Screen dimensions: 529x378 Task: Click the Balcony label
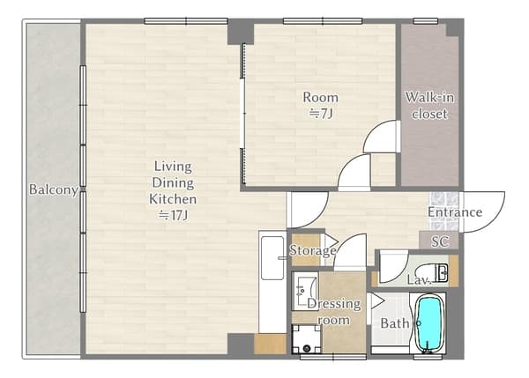coord(53,189)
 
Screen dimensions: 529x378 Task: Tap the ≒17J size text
coord(174,215)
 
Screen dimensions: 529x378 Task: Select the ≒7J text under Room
coord(321,114)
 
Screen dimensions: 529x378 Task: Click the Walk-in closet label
coord(429,106)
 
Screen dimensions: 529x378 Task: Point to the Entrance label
coord(455,212)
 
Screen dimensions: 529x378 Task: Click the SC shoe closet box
coord(439,241)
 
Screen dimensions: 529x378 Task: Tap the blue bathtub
coord(428,323)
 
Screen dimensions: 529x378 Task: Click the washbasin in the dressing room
coord(305,292)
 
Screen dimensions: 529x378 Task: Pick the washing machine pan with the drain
coord(306,339)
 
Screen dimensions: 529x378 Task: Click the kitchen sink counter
coord(272,282)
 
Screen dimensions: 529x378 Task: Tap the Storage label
coord(313,250)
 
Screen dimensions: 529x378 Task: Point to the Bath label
coord(395,323)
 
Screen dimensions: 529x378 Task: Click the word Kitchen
coord(173,199)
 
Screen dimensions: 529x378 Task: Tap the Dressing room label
coord(334,312)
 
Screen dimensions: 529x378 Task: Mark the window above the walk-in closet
coord(426,21)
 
